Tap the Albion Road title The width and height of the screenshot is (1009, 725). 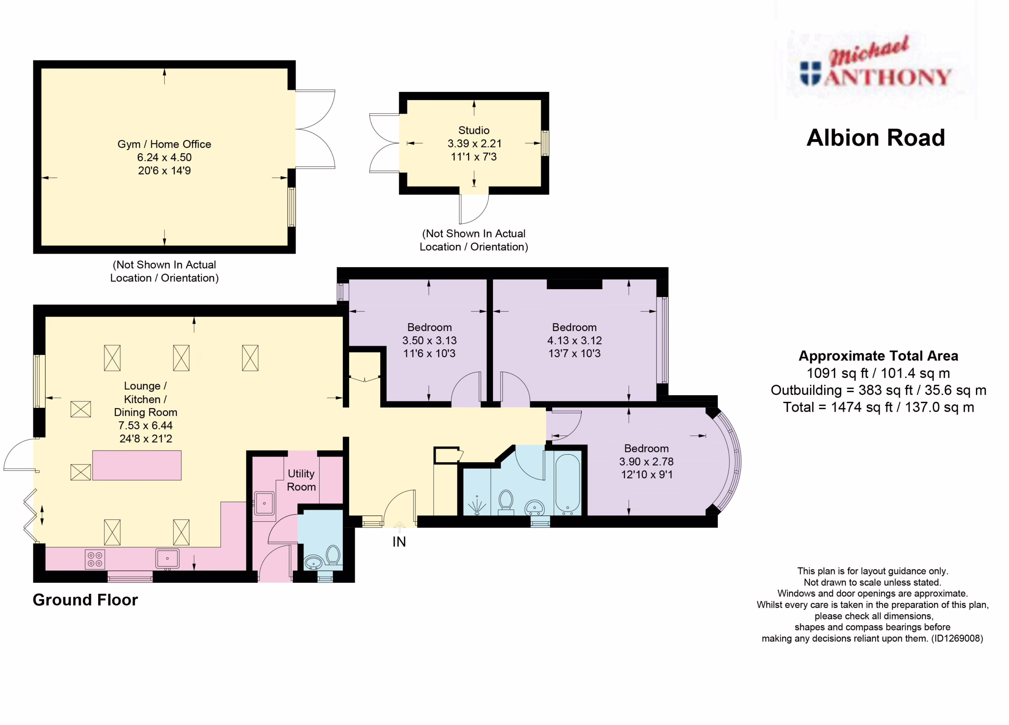875,138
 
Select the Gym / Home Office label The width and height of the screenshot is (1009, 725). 164,144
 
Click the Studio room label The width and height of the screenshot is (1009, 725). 474,130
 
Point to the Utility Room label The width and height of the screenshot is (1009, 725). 301,480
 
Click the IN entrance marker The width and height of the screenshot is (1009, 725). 399,542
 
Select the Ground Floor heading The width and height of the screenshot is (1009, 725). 86,600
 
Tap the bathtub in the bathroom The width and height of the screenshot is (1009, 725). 568,484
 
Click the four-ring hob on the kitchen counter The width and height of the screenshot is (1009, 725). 95,560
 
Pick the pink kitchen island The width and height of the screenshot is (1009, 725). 137,465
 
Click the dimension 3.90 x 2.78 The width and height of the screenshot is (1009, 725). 646,462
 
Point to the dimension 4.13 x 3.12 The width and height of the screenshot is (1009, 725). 574,341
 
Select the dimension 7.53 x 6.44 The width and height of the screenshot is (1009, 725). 145,426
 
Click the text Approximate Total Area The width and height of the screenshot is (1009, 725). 879,356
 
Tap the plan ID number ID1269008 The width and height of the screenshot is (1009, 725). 957,639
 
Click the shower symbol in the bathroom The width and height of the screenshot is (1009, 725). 477,505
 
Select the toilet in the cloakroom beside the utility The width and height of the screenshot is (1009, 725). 333,555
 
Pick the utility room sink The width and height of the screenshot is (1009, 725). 264,504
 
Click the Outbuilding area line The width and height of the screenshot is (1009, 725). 879,390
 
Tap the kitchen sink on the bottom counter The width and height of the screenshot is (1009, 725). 167,559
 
